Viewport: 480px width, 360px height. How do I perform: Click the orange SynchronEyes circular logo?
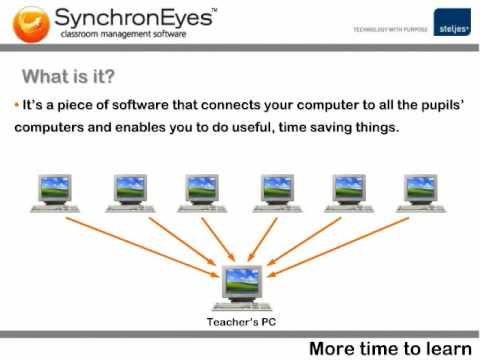point(31,25)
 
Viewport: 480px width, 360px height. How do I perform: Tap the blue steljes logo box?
point(452,22)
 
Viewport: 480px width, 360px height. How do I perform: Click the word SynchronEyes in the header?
point(133,18)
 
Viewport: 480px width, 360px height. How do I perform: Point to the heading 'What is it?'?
point(68,76)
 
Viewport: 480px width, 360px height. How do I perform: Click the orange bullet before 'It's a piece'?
point(17,105)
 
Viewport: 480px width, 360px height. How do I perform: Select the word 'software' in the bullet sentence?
point(140,105)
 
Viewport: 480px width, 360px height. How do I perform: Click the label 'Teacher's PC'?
point(241,322)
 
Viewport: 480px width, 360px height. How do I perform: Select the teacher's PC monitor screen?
point(242,280)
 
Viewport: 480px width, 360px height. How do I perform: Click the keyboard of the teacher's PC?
point(242,306)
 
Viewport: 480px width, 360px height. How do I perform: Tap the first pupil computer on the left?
point(55,194)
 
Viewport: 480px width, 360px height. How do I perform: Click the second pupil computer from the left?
point(130,194)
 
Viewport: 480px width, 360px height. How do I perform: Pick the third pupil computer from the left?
point(202,194)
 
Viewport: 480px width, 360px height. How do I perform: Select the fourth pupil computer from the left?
point(277,194)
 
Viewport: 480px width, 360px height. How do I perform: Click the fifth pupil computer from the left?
point(349,194)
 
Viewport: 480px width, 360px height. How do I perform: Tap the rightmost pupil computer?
point(421,194)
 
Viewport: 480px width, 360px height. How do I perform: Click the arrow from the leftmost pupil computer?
point(142,247)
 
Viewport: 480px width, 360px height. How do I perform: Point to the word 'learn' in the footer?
point(449,349)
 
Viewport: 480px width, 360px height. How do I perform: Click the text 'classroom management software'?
point(123,34)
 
